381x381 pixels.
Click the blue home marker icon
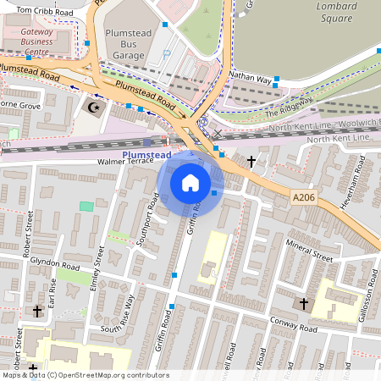click(x=190, y=182)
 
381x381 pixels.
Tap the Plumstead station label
click(x=146, y=155)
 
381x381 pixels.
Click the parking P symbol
click(x=166, y=55)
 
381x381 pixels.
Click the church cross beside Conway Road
click(x=303, y=302)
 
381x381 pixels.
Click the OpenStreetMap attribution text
click(x=85, y=375)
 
